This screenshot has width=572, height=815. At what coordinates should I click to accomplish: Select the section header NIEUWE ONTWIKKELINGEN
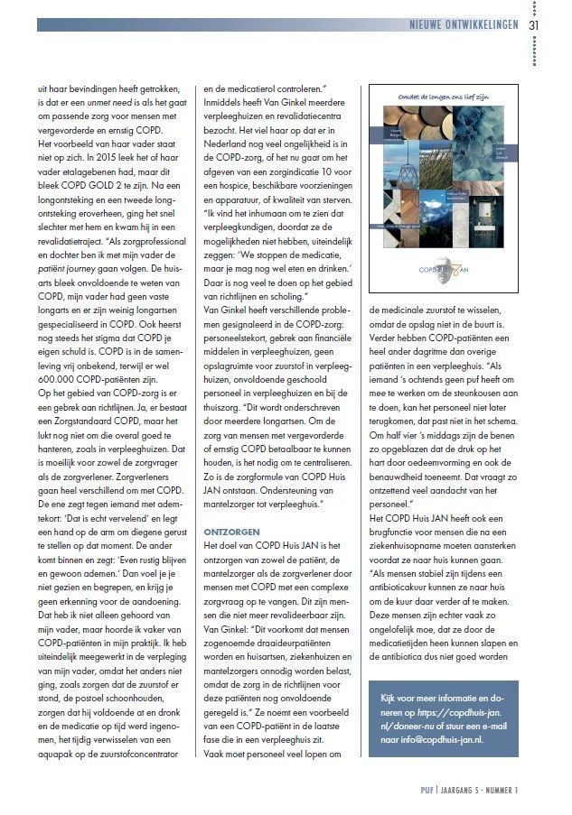(463, 25)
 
